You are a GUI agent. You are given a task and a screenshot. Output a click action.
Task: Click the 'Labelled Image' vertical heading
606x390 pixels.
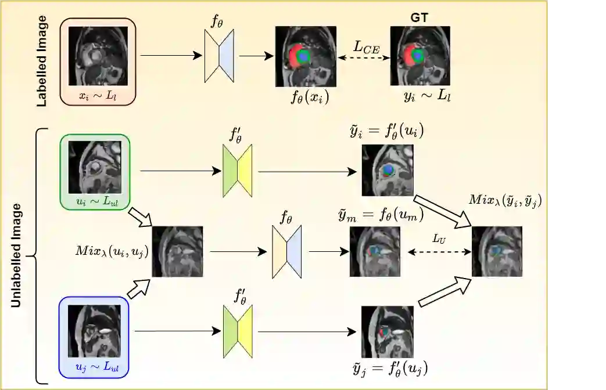tap(42, 64)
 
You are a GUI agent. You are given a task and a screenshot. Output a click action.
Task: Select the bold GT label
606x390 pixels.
tap(419, 18)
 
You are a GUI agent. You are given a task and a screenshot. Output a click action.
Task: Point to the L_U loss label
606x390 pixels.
tap(439, 239)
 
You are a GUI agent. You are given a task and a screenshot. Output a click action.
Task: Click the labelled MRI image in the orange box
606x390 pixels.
tap(98, 56)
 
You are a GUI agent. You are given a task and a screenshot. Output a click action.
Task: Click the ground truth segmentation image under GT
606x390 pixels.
tap(419, 56)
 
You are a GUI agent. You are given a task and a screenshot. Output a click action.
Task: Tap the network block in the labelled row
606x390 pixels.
tap(220, 56)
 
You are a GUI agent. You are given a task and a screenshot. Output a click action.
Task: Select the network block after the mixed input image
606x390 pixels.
tap(287, 251)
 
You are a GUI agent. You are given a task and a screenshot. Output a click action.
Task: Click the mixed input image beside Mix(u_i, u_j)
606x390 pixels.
tap(178, 251)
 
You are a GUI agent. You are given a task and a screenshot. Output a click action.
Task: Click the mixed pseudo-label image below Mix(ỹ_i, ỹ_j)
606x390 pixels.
tap(497, 251)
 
